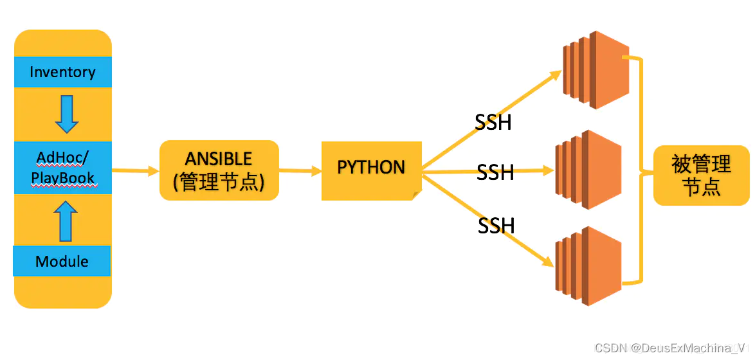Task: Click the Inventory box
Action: (x=62, y=72)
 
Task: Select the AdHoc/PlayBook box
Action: (x=62, y=168)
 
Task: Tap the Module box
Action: (x=62, y=261)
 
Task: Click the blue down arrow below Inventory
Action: (x=66, y=114)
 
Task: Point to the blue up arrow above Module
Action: (x=66, y=221)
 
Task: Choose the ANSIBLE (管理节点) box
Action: (x=219, y=170)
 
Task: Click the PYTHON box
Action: (x=371, y=168)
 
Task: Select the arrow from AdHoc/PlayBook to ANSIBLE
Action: (x=136, y=170)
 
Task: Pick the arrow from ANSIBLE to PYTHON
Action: (x=300, y=170)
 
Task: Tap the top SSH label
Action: (x=493, y=122)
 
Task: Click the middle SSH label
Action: (x=495, y=172)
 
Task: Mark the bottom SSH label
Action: (x=496, y=226)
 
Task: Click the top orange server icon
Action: (x=595, y=69)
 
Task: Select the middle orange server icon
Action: (x=588, y=170)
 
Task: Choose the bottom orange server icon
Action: (x=588, y=265)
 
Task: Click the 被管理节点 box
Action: (x=701, y=175)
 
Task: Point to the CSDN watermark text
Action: (x=672, y=348)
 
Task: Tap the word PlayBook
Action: (x=63, y=178)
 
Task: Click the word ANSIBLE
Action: (x=219, y=159)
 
